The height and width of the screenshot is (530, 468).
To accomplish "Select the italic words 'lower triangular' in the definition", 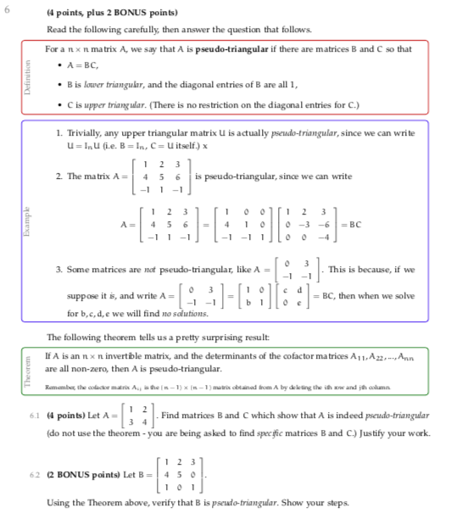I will click(107, 86).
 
